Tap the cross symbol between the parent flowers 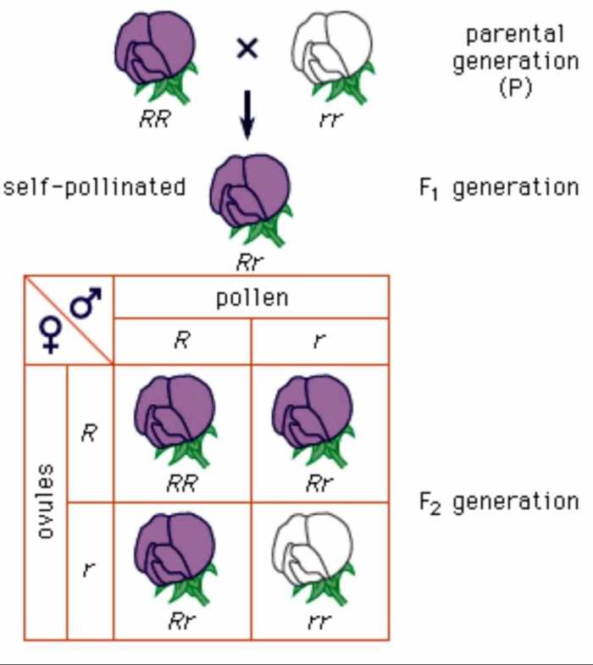pyautogui.click(x=246, y=49)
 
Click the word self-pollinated pyautogui.click(x=94, y=186)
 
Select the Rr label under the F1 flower pyautogui.click(x=247, y=262)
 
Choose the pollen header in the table pyautogui.click(x=252, y=297)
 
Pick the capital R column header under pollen pyautogui.click(x=182, y=342)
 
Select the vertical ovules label pyautogui.click(x=47, y=502)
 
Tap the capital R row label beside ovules pyautogui.click(x=89, y=433)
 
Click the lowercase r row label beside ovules pyautogui.click(x=89, y=570)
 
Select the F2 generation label pyautogui.click(x=499, y=502)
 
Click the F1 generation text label pyautogui.click(x=499, y=187)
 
